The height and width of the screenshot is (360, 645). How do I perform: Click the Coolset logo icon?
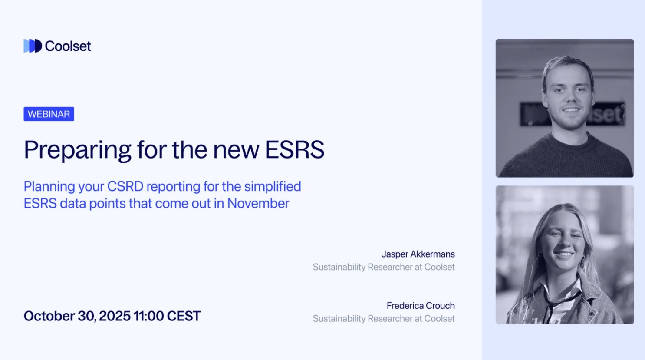[33, 46]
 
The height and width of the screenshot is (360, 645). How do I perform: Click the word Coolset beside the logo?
[68, 46]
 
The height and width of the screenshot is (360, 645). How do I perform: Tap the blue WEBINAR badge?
[49, 114]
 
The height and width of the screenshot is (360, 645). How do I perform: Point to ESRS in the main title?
[294, 150]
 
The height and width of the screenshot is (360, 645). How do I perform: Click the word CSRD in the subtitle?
[125, 186]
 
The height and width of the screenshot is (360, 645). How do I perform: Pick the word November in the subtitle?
[258, 203]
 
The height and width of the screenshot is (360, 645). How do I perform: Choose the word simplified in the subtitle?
[273, 186]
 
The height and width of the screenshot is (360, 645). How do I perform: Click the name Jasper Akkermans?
[418, 254]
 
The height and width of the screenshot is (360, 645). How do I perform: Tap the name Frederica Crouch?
[421, 306]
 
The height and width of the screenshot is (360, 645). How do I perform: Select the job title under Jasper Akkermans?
[384, 267]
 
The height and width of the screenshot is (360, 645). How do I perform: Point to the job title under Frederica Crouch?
[384, 319]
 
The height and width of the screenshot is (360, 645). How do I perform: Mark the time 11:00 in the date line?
[148, 316]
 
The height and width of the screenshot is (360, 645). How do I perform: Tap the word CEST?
[184, 316]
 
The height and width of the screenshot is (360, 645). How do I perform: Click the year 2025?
[115, 316]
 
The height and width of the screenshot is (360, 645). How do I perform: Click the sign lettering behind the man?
[606, 115]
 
